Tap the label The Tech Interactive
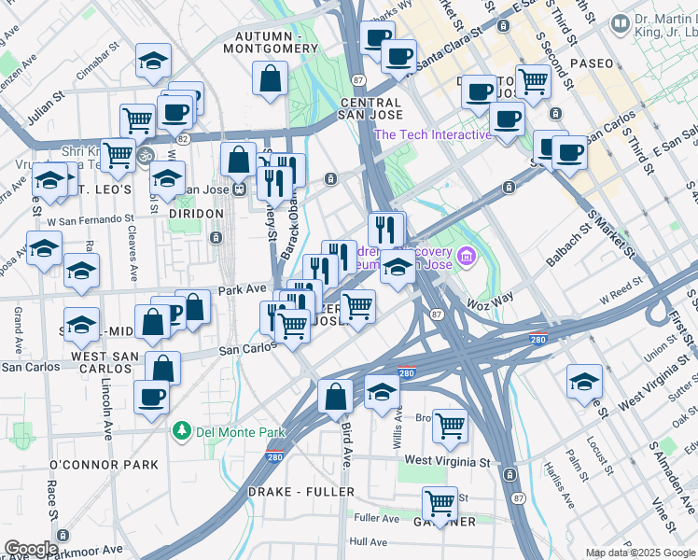(x=432, y=134)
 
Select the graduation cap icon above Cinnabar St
(x=154, y=62)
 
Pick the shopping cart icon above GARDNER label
(x=440, y=504)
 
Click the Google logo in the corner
(x=31, y=549)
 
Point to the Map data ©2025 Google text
(x=640, y=553)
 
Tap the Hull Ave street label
(x=368, y=541)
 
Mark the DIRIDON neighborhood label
(x=196, y=214)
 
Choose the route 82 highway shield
(x=184, y=138)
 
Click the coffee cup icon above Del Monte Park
(x=150, y=397)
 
